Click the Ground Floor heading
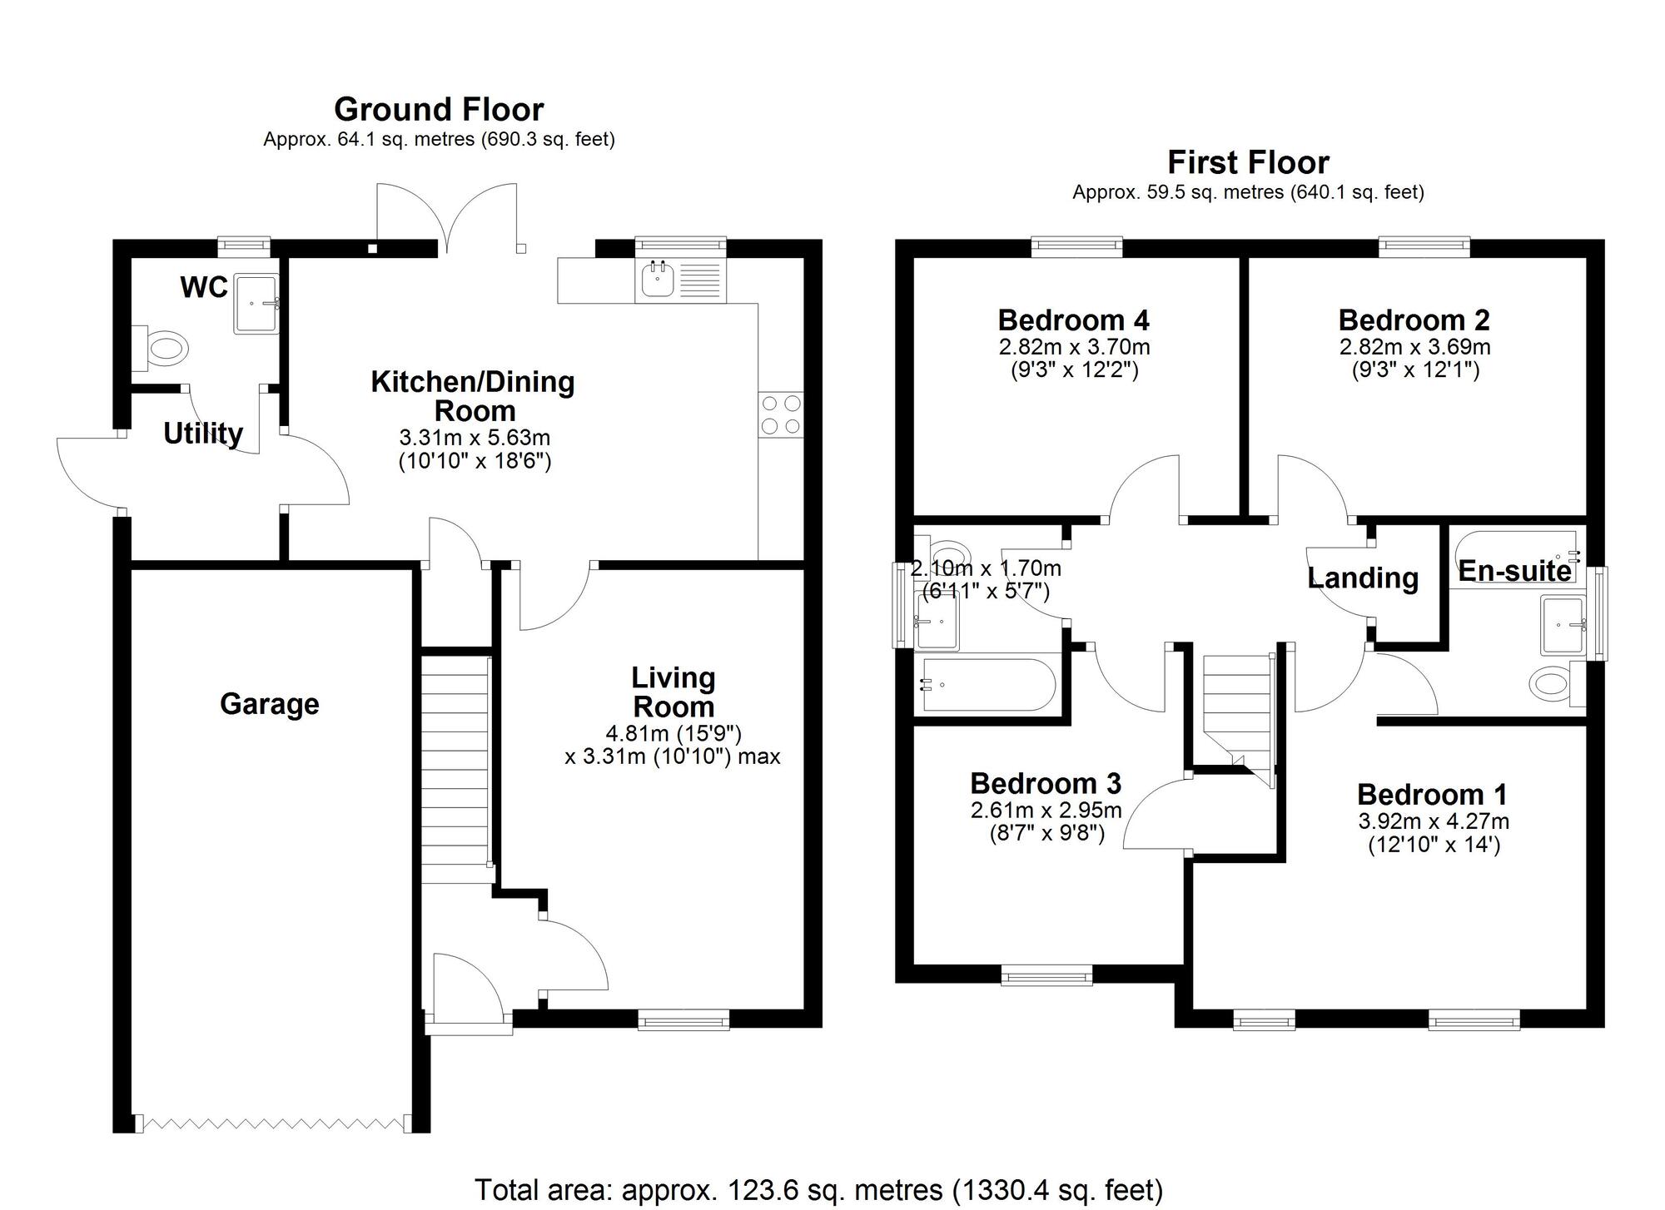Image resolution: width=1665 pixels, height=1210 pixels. [439, 110]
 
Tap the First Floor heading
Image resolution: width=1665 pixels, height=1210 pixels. [1248, 162]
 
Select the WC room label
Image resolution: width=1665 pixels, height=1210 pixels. [204, 287]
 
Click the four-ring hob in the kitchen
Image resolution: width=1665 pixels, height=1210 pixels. [781, 414]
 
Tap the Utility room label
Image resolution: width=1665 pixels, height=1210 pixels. [203, 434]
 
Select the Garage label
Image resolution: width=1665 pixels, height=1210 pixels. [269, 704]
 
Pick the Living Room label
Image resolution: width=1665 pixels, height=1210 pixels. [673, 692]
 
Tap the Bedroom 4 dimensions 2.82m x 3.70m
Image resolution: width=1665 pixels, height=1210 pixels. [1074, 347]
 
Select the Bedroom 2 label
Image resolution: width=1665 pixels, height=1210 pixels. [1414, 320]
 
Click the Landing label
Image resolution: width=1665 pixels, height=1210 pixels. [1362, 578]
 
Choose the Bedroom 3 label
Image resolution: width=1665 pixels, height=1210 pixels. [1046, 783]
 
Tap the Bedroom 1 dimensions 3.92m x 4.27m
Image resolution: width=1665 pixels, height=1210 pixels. [1434, 821]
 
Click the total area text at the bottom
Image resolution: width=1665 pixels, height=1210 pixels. [818, 1190]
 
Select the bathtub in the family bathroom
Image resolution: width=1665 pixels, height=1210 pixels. [987, 685]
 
